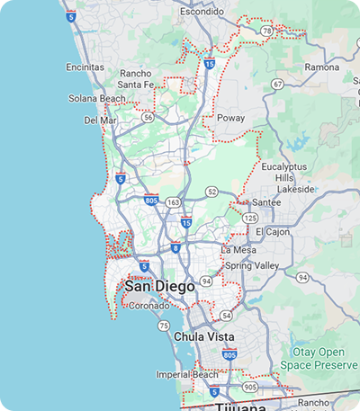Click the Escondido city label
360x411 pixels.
click(x=202, y=12)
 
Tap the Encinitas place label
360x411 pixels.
click(x=85, y=67)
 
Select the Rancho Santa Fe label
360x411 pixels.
click(x=134, y=79)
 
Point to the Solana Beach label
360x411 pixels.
click(x=96, y=99)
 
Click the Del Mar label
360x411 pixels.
click(x=100, y=119)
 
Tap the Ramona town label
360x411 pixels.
click(x=322, y=67)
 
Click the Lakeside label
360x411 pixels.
click(x=296, y=190)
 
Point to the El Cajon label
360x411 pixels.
click(x=272, y=232)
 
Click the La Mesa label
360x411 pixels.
click(x=239, y=249)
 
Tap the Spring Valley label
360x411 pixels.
click(x=253, y=266)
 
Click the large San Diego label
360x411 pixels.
click(x=159, y=286)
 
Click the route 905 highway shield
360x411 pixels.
click(x=249, y=387)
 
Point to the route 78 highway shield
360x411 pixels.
click(x=266, y=31)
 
